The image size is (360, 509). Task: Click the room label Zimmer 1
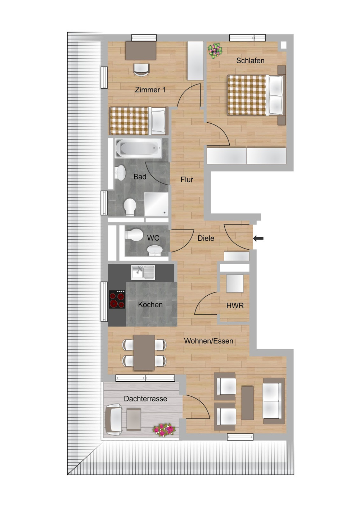[x=150, y=90]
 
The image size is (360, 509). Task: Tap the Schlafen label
[x=250, y=60]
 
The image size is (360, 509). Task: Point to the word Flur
[x=187, y=179]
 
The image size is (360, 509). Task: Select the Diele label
[x=206, y=238]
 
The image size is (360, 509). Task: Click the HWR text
[x=235, y=306]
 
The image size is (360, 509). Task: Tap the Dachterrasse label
[x=145, y=399]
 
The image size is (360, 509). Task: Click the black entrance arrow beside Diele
[x=258, y=238]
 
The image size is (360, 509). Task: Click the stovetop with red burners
[x=117, y=300]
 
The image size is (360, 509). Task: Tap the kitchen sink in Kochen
[x=143, y=272]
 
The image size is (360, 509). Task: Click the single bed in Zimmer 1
[x=139, y=121]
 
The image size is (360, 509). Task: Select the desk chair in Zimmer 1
[x=141, y=69]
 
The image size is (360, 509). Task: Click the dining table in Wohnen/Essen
[x=144, y=353]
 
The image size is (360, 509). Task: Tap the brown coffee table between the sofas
[x=247, y=403]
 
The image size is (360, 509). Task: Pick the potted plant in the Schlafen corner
[x=215, y=50]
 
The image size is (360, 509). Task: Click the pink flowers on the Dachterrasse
[x=164, y=430]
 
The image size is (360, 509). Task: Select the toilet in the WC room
[x=135, y=235]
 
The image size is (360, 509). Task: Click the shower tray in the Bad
[x=156, y=204]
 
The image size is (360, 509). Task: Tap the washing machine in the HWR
[x=234, y=283]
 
